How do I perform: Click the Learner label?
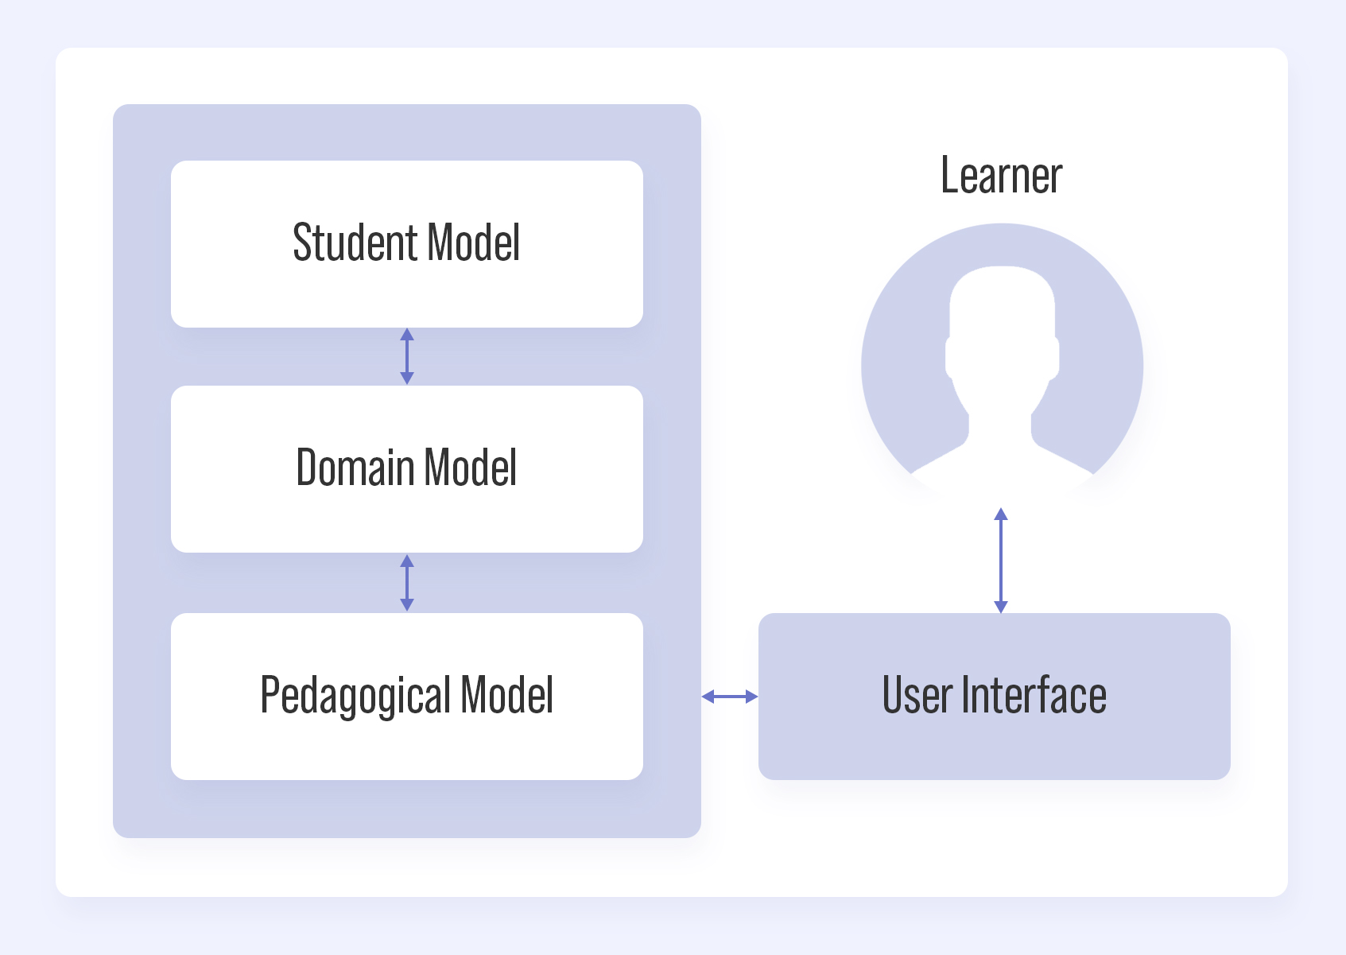[x=1001, y=176]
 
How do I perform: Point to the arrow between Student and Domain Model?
[x=407, y=356]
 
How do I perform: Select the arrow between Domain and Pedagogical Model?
[x=407, y=583]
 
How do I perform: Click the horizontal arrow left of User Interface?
[x=730, y=697]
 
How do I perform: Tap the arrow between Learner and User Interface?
[x=1001, y=561]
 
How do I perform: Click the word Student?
[x=356, y=243]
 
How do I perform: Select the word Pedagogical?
[x=356, y=697]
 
